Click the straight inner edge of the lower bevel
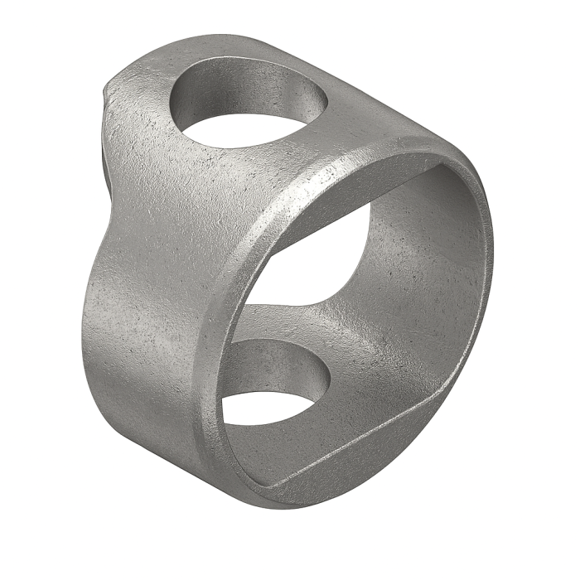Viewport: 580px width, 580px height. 356,452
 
